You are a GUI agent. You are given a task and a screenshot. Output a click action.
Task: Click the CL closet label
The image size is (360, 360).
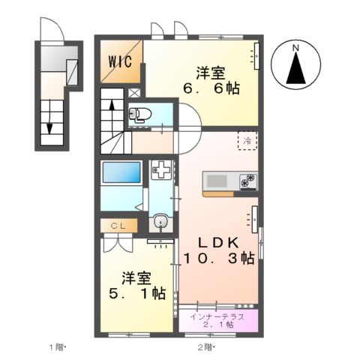point(119,224)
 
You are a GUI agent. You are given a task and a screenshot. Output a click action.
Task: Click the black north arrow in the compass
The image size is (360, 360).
point(295,70)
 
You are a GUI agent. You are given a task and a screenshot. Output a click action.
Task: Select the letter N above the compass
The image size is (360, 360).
point(295,49)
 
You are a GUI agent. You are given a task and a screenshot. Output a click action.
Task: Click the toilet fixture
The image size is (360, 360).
point(139,115)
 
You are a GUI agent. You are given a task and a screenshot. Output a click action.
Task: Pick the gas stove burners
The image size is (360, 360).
point(247,181)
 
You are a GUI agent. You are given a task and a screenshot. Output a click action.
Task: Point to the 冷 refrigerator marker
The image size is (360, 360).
point(245,139)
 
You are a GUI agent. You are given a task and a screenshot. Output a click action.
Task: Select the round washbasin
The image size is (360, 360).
point(159,223)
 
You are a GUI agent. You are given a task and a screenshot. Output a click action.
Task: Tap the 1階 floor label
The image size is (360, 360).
point(58,346)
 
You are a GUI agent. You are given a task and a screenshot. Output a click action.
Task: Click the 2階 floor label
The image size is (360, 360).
point(205,346)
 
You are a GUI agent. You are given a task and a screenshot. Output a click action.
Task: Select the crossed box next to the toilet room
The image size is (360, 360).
point(133,92)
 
